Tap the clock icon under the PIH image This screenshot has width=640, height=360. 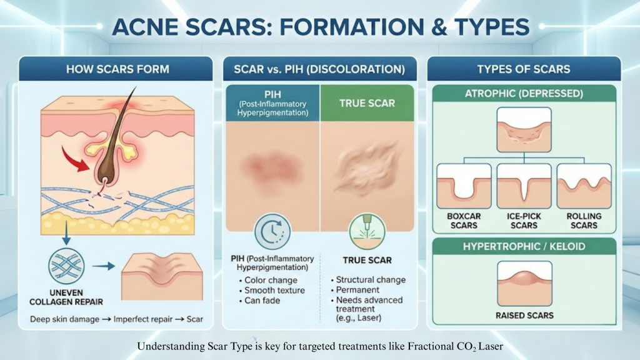pos(272,232)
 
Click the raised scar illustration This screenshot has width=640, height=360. pos(524,283)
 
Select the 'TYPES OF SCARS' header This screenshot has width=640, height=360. pos(524,69)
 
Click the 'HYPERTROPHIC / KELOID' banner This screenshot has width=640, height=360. pos(524,246)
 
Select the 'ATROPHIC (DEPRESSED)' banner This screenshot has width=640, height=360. pos(524,94)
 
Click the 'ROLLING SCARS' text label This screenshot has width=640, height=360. pos(584,221)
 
